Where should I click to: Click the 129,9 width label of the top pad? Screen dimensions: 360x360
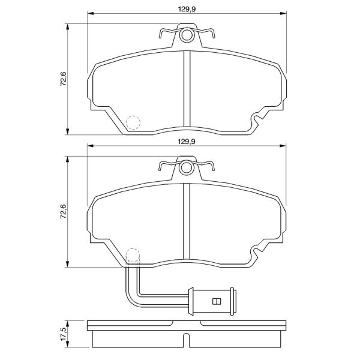click(x=187, y=9)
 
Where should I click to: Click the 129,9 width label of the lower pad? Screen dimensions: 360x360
click(x=187, y=142)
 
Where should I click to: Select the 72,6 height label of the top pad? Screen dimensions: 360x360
click(x=64, y=79)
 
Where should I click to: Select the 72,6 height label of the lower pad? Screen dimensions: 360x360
click(x=64, y=211)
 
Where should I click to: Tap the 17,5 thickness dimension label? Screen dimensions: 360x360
click(x=64, y=334)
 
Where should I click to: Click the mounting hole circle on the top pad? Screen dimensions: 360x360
click(x=186, y=35)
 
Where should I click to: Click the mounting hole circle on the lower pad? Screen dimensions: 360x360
click(x=186, y=168)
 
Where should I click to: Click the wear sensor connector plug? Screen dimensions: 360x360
click(x=212, y=301)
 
